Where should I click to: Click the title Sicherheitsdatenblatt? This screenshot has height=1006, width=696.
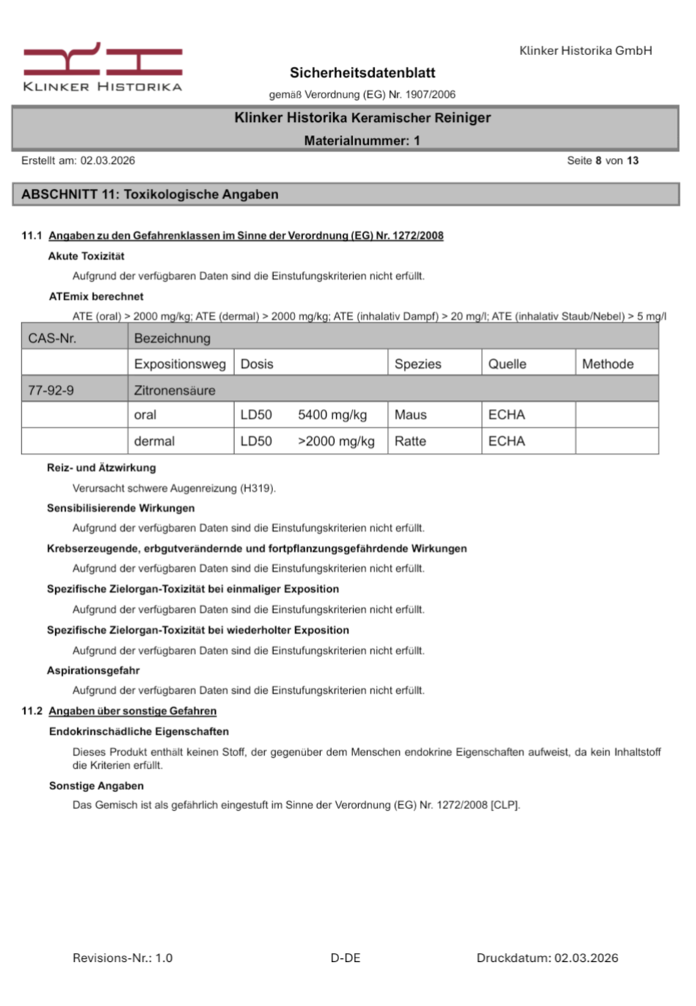[x=362, y=73]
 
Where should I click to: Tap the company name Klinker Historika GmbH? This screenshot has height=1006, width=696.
[x=585, y=51]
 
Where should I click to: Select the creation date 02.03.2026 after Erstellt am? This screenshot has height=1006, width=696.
[x=107, y=160]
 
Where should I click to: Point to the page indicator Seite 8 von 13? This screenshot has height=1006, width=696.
[x=602, y=160]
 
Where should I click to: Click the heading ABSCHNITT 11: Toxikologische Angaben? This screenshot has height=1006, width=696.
[x=150, y=195]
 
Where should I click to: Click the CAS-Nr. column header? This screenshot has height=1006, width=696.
[x=52, y=339]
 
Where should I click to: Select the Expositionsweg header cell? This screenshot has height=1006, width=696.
[x=180, y=364]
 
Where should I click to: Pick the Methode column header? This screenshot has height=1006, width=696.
[x=607, y=364]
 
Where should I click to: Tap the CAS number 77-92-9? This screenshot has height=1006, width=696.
[x=51, y=391]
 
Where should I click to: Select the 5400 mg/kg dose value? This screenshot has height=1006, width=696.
[x=332, y=415]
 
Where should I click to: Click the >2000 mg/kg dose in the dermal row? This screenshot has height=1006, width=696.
[x=336, y=441]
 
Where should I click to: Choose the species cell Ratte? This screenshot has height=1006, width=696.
[x=410, y=441]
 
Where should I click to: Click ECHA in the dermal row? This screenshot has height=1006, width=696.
[x=507, y=441]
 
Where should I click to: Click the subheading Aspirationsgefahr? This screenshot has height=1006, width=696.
[x=93, y=670]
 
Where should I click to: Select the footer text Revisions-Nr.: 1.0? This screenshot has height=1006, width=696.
[x=123, y=958]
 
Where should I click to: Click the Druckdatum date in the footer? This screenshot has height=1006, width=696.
[x=586, y=958]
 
